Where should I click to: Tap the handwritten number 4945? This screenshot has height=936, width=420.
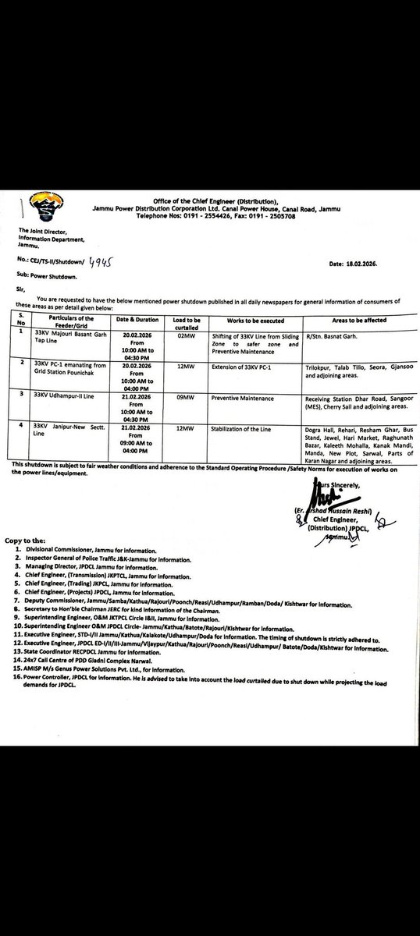[101, 264]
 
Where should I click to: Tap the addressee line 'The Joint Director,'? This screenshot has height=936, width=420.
[42, 231]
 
